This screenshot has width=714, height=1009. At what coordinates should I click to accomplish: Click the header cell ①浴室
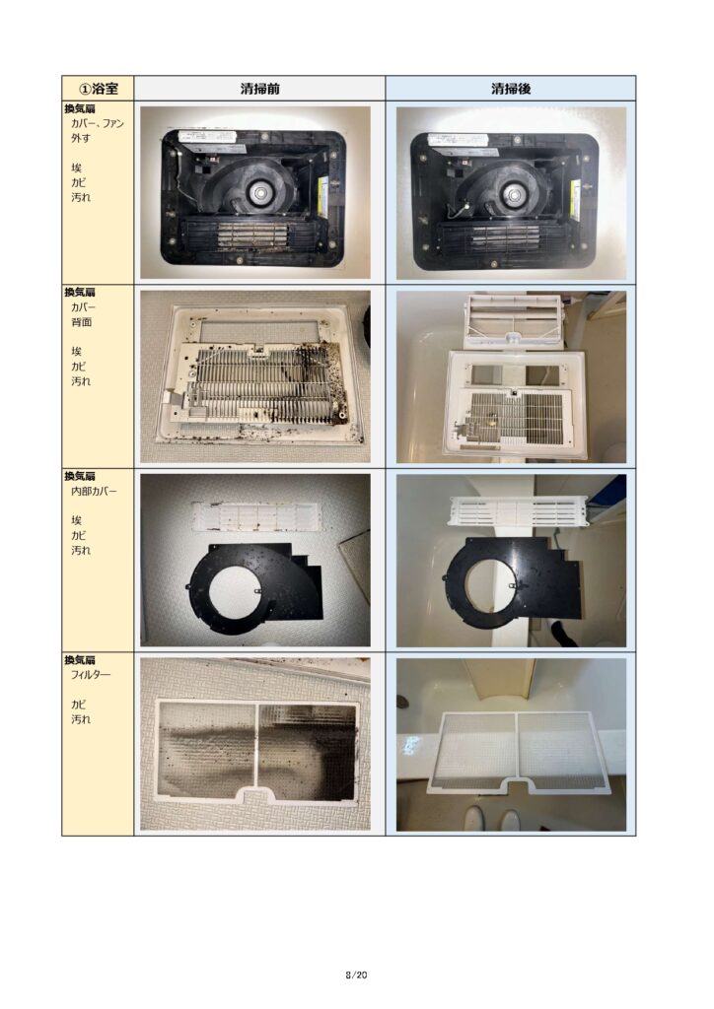point(98,88)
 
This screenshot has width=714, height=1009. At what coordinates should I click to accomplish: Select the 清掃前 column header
point(259,88)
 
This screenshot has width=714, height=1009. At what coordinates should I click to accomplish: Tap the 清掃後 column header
point(511,88)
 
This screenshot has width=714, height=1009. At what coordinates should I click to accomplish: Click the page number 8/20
point(356,975)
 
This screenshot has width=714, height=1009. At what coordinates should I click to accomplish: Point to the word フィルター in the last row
point(90,674)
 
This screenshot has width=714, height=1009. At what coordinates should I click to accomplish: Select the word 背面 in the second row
point(81,322)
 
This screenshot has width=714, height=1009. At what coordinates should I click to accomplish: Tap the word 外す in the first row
point(81,138)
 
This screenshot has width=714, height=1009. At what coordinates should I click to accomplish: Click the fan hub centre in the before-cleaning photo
point(260,190)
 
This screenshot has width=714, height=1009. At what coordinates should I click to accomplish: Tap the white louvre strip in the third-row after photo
point(519,510)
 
